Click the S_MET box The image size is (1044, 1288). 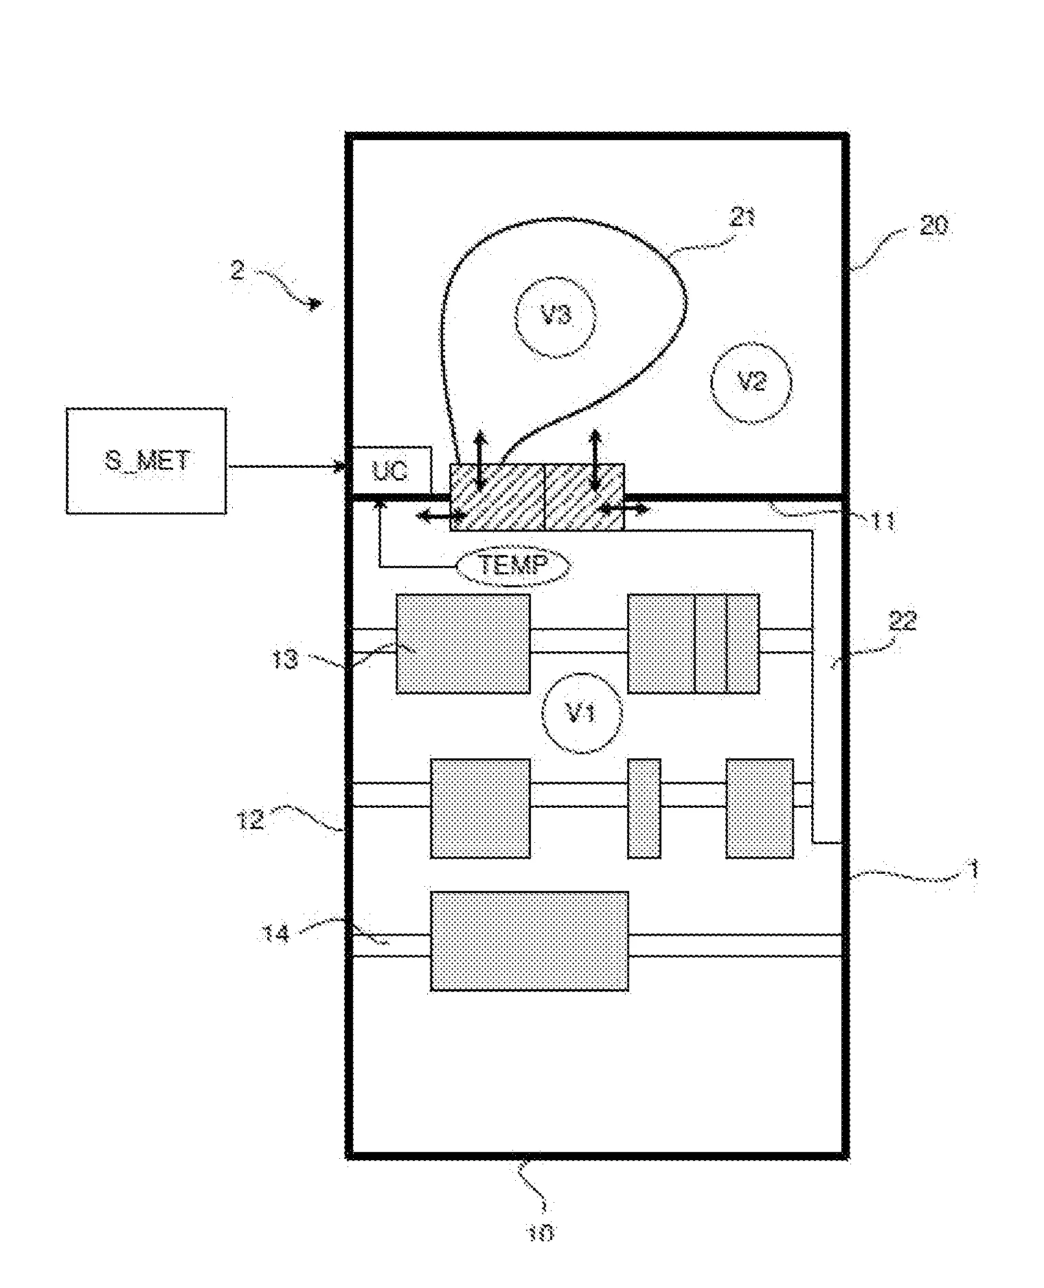tap(146, 460)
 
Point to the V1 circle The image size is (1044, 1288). tap(582, 714)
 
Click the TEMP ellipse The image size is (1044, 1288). tap(514, 565)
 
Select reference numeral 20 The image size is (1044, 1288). tap(933, 225)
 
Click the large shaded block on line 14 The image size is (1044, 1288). tap(529, 941)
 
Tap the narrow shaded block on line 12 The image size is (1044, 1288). tap(644, 809)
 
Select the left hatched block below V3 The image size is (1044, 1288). tap(497, 497)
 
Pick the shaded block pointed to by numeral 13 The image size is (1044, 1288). tap(463, 644)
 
